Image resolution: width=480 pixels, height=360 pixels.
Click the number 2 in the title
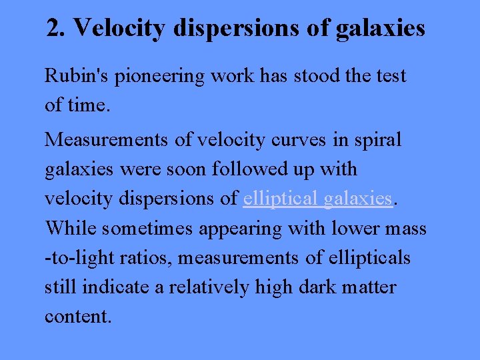[x=53, y=28]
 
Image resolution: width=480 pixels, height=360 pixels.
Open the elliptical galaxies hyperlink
[x=317, y=199]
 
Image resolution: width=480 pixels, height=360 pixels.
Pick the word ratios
[x=152, y=258]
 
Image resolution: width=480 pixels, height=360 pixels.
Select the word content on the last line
[x=76, y=317]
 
